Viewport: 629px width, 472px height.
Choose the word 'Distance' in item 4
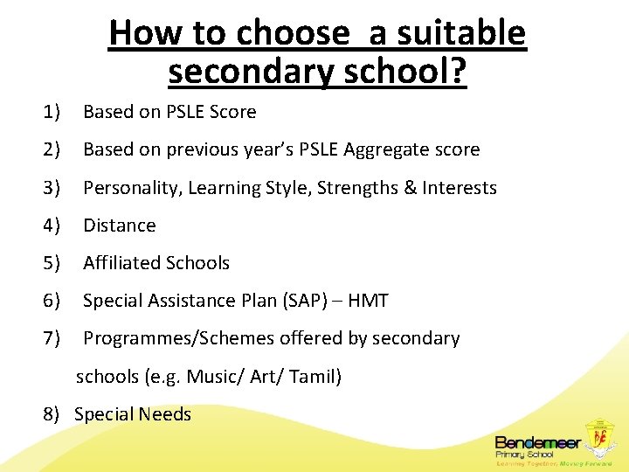pyautogui.click(x=119, y=226)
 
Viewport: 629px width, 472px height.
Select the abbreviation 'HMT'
pyautogui.click(x=368, y=301)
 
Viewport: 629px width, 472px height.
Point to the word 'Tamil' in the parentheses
pyautogui.click(x=312, y=377)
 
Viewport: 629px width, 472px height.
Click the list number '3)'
pyautogui.click(x=52, y=188)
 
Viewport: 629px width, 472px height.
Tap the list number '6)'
pyautogui.click(x=52, y=301)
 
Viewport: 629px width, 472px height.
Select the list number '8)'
pyautogui.click(x=52, y=414)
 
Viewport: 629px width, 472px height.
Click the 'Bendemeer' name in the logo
pyautogui.click(x=534, y=442)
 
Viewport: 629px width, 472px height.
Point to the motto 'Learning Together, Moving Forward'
pyautogui.click(x=553, y=463)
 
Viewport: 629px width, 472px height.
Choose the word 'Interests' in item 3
pyautogui.click(x=460, y=188)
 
